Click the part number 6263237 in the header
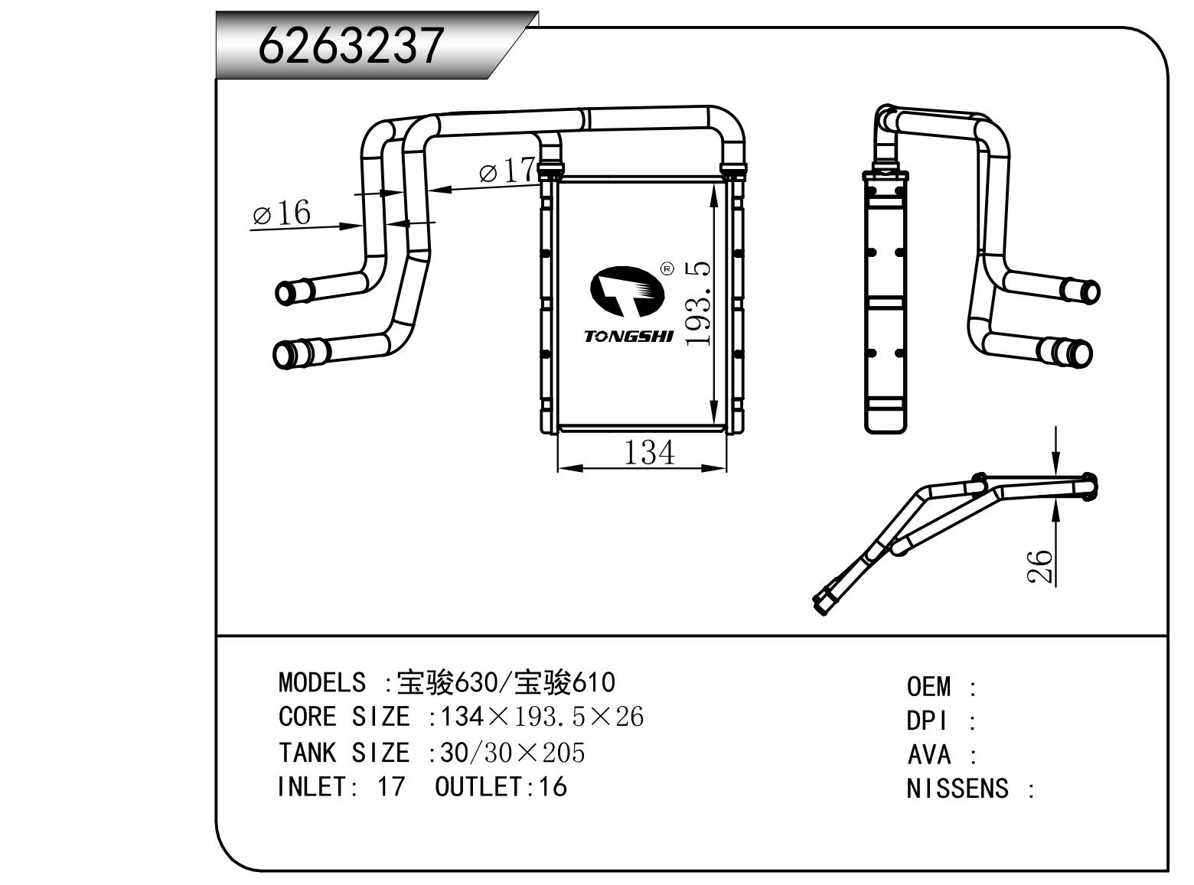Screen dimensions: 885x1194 pyautogui.click(x=351, y=44)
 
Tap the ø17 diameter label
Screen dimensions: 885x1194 pyautogui.click(x=507, y=171)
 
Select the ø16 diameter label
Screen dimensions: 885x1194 pyautogui.click(x=282, y=213)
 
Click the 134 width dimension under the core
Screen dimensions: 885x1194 pyautogui.click(x=649, y=452)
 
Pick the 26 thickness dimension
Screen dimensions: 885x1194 pyautogui.click(x=1040, y=567)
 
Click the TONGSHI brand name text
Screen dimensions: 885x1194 pyautogui.click(x=628, y=337)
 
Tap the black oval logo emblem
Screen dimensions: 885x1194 pyautogui.click(x=623, y=291)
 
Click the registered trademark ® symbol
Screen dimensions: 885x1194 pyautogui.click(x=666, y=269)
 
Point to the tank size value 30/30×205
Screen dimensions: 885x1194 pyautogui.click(x=512, y=753)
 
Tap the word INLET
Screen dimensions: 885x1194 pyautogui.click(x=312, y=787)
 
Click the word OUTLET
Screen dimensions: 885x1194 pyautogui.click(x=478, y=787)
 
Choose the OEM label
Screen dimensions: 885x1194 pyautogui.click(x=928, y=687)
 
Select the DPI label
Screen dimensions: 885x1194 pyautogui.click(x=927, y=721)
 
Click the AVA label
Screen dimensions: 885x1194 pyautogui.click(x=928, y=755)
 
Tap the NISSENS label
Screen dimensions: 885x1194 pyautogui.click(x=957, y=789)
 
